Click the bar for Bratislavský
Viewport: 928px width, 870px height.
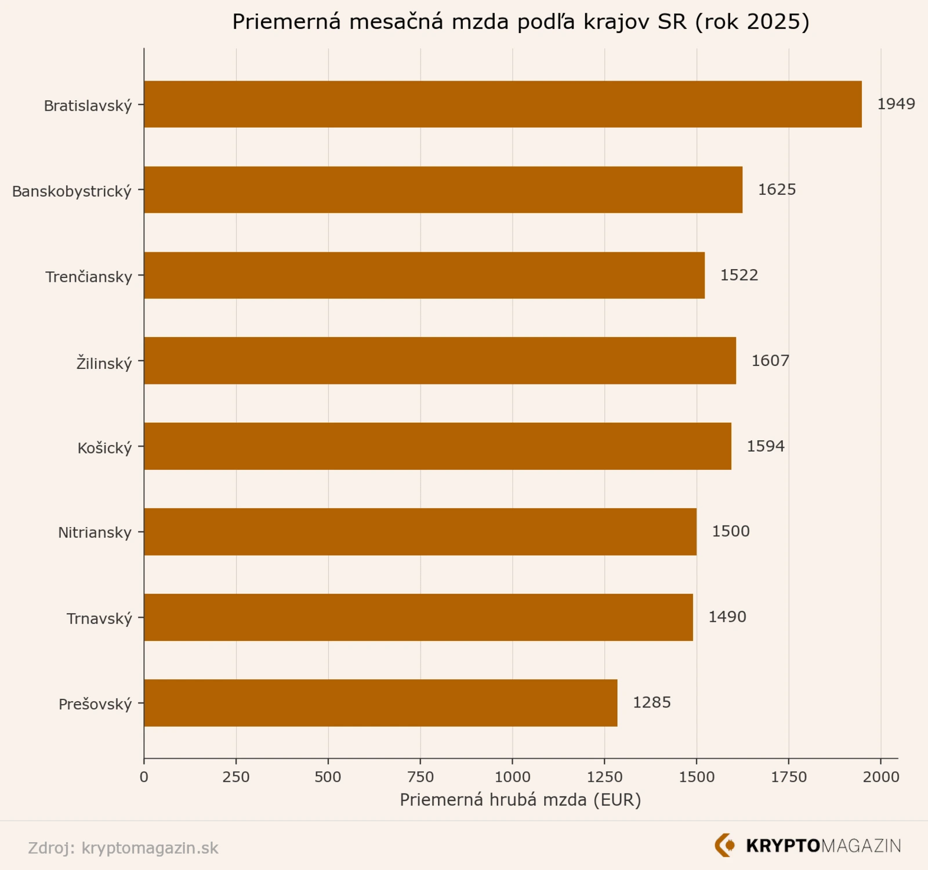(502, 104)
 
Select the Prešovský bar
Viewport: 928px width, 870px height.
(380, 703)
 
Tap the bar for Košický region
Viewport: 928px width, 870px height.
(437, 446)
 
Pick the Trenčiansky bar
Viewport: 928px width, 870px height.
(424, 275)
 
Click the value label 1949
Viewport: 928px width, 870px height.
(896, 104)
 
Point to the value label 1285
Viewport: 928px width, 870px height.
(651, 703)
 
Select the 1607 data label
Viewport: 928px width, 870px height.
(770, 361)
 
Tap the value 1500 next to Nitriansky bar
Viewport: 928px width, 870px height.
(731, 532)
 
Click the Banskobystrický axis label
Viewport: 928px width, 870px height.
(72, 191)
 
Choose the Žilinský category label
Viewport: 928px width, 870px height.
(104, 363)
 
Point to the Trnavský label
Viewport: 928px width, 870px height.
(99, 619)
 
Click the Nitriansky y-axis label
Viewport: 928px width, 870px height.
(95, 532)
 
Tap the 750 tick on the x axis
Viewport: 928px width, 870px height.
(420, 777)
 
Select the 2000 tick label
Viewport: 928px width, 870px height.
(880, 777)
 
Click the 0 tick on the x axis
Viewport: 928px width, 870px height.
(144, 777)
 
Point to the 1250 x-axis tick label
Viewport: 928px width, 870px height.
(604, 777)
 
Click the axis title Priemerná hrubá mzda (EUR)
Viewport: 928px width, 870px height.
(520, 800)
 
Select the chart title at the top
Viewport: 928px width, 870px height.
(520, 22)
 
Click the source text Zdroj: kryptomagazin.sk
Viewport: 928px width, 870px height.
(123, 848)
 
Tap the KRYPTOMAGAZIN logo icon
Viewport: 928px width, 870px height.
(724, 846)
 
